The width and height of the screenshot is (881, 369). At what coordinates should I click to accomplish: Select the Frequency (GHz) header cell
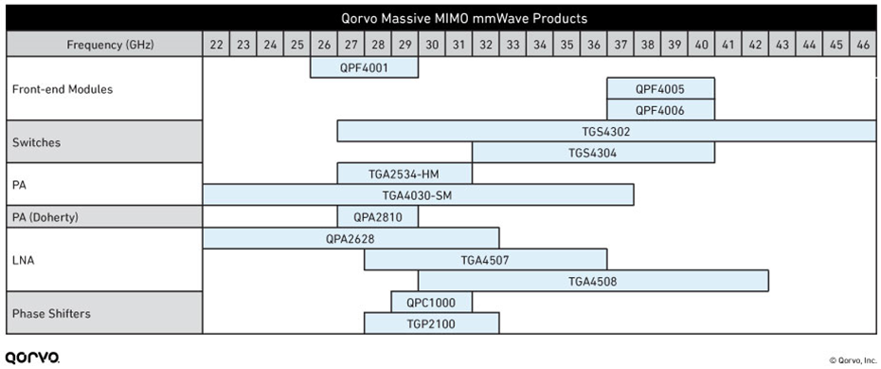coord(104,45)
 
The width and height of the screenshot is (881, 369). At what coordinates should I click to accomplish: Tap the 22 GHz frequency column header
coord(216,45)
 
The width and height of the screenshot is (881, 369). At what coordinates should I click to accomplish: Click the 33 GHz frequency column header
coord(512,45)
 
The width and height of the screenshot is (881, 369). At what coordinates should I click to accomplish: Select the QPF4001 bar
coord(364,68)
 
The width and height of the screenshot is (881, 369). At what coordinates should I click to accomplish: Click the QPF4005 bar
coord(660,89)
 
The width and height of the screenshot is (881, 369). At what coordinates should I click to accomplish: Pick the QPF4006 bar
coord(660,110)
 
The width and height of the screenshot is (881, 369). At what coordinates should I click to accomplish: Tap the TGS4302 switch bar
coord(606,132)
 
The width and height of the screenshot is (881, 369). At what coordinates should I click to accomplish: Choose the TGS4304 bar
coord(593,153)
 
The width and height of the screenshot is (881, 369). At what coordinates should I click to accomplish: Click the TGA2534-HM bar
coord(405,174)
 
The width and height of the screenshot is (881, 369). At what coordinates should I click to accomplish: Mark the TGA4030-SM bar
coord(418,195)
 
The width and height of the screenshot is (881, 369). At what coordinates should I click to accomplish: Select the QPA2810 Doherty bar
coord(377,216)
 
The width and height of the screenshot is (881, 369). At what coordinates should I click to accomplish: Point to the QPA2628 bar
coord(351,238)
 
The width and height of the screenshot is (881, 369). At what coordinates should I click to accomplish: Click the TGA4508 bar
coord(593,281)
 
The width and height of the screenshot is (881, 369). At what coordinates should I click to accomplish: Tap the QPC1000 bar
coord(431,302)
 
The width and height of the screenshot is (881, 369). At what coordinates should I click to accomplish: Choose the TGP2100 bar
coord(431,323)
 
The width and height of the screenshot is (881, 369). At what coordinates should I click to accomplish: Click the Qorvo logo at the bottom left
coord(31,358)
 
